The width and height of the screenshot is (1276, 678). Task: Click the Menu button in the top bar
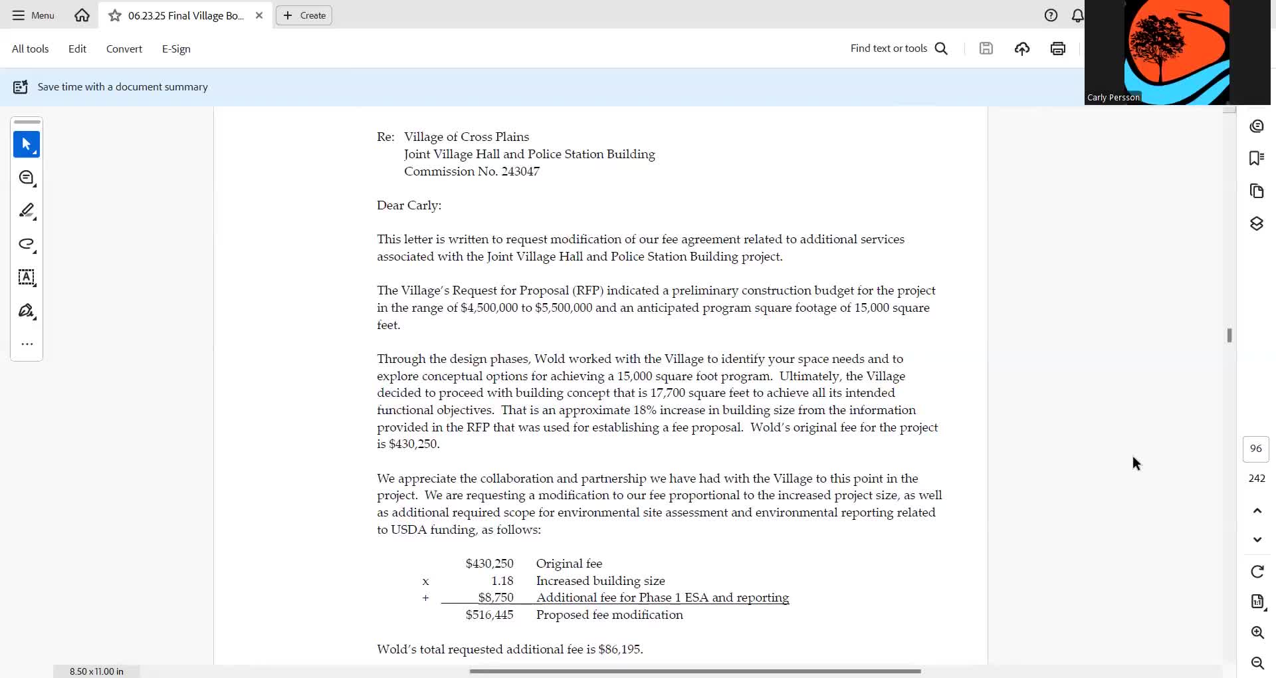33,15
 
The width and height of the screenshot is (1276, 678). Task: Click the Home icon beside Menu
82,15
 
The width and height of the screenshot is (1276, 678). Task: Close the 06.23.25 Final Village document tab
259,15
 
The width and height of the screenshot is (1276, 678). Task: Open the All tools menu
30,49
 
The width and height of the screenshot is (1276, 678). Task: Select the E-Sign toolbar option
176,49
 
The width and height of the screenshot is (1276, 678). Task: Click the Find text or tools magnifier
941,49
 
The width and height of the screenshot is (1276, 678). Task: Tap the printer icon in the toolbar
1058,49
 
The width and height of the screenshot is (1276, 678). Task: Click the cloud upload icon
1022,49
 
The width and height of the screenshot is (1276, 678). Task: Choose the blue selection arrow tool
27,144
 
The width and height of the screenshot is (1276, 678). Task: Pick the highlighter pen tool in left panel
27,211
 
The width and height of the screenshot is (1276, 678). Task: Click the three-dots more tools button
27,344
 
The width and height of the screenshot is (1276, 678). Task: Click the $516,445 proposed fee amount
489,615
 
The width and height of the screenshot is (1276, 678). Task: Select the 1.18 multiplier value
502,581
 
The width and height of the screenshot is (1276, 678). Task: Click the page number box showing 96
1255,449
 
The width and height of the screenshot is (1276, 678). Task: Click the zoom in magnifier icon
1257,632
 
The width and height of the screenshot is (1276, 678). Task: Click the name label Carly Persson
1113,98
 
